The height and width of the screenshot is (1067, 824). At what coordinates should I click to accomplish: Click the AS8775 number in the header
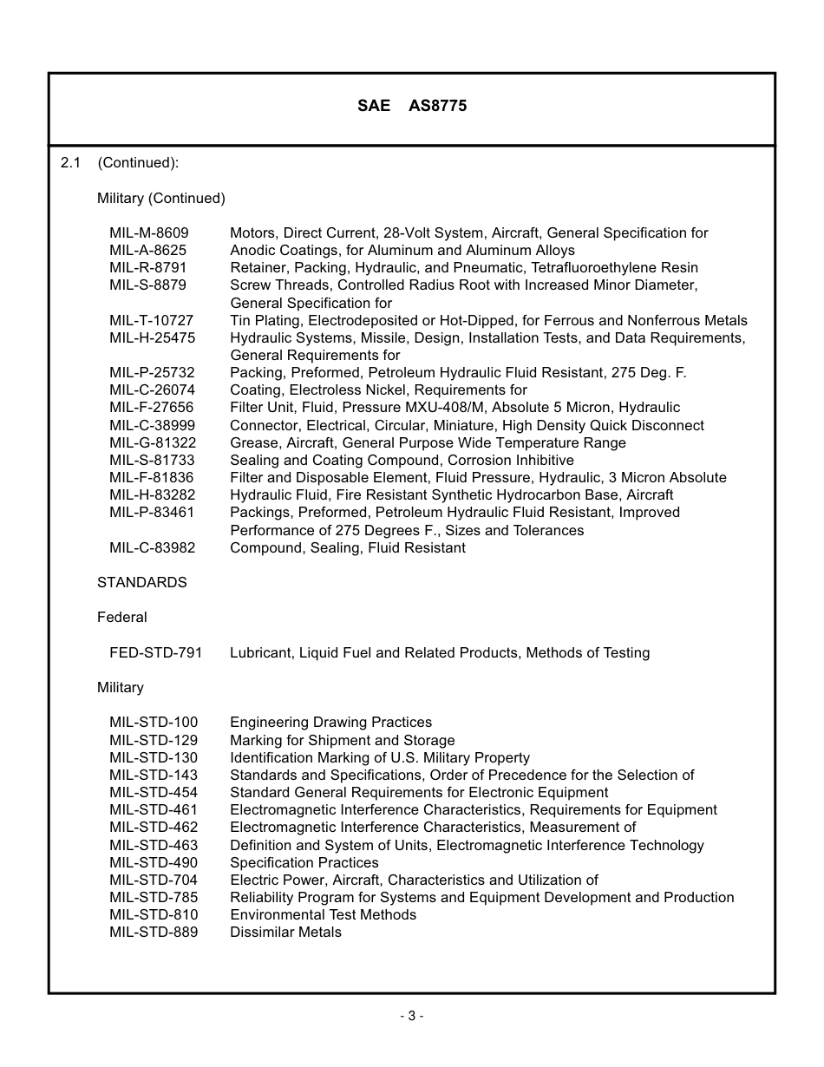(x=437, y=106)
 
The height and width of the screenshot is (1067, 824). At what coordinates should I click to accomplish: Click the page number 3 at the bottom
(x=411, y=1016)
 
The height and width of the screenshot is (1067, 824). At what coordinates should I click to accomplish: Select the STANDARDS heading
(x=141, y=582)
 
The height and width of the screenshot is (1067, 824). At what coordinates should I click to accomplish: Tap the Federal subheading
(x=121, y=617)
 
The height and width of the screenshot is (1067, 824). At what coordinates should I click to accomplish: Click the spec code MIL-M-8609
(x=148, y=232)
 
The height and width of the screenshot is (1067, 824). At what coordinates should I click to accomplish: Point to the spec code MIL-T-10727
(x=151, y=320)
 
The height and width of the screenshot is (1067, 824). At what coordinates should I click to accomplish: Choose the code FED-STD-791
(x=155, y=652)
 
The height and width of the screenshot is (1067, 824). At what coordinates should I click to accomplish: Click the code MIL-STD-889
(x=153, y=932)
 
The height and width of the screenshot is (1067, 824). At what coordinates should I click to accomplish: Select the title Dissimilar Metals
(x=285, y=932)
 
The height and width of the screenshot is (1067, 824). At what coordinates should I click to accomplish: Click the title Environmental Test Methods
(x=323, y=914)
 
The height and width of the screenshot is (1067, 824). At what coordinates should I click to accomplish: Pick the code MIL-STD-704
(x=153, y=880)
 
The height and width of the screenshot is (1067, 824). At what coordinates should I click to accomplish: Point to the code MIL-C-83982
(x=152, y=547)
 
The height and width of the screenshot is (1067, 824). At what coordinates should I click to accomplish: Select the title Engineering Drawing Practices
(x=330, y=722)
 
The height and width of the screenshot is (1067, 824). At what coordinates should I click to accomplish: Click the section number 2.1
(x=70, y=162)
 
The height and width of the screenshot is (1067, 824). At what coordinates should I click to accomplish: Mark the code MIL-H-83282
(x=152, y=494)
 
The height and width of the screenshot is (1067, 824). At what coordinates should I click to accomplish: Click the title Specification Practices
(x=304, y=862)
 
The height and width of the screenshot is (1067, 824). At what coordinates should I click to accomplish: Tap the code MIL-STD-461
(x=153, y=809)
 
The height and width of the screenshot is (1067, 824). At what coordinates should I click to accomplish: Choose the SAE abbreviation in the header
(x=373, y=106)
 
